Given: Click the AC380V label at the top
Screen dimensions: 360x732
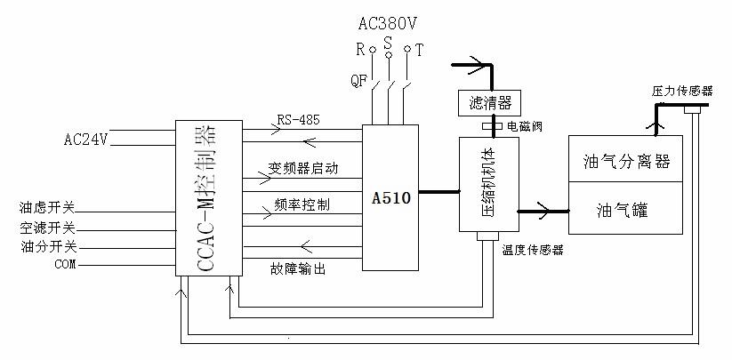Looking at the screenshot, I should point(388,20).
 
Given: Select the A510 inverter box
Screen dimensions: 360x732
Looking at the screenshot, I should point(390,197).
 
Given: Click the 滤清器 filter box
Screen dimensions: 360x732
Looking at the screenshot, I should point(488,102).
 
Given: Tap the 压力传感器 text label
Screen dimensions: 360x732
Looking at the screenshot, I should point(683,91).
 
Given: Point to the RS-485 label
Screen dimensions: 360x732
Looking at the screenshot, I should point(298,119).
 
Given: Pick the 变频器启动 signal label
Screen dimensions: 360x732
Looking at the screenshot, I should point(303,168).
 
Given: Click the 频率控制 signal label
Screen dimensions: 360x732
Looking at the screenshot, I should point(302,205).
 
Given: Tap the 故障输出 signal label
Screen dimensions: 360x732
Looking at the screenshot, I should point(296,268).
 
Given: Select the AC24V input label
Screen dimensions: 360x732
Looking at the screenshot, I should point(86,140).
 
